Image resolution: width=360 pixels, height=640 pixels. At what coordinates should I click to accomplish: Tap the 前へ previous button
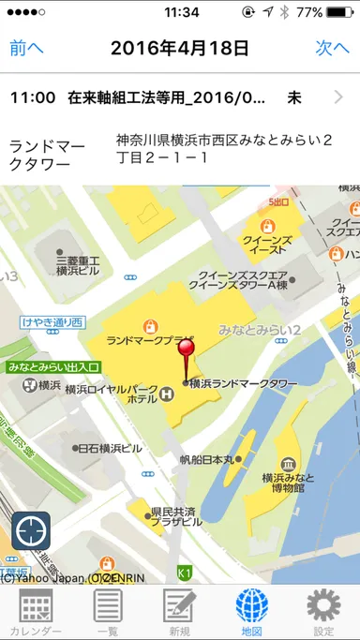pyautogui.click(x=26, y=48)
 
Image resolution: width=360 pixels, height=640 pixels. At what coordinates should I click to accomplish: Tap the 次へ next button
pyautogui.click(x=332, y=48)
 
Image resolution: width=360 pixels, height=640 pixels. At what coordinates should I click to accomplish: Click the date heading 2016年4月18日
pyautogui.click(x=180, y=48)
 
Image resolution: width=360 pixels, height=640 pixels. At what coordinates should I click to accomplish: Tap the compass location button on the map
pyautogui.click(x=31, y=531)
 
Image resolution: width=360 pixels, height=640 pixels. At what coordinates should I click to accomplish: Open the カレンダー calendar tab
pyautogui.click(x=36, y=612)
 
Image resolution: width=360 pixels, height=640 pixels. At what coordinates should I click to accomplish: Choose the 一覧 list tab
pyautogui.click(x=108, y=612)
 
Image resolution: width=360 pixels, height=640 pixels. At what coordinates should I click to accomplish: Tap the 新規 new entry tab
pyautogui.click(x=179, y=612)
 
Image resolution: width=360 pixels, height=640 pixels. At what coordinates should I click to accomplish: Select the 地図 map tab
pyautogui.click(x=251, y=612)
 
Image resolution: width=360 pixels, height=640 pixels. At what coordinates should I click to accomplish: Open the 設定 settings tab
pyautogui.click(x=323, y=612)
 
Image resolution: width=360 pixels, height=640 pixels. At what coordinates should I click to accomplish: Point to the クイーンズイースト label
pyautogui.click(x=268, y=246)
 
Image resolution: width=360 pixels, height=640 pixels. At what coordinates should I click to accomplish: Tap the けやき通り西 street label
pyautogui.click(x=52, y=322)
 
